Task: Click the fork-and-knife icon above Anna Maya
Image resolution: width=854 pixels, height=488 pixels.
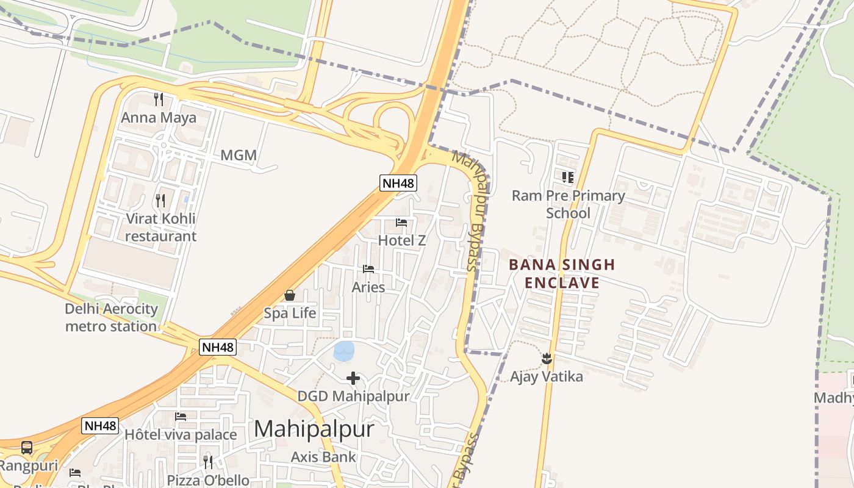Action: pos(159,99)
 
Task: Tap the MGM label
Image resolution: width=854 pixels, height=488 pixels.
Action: pos(239,156)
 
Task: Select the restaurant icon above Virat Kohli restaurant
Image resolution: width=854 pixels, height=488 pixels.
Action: pos(160,199)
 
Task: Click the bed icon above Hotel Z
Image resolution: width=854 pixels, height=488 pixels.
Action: pos(401,223)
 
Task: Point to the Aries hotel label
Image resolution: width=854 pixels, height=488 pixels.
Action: pos(368,287)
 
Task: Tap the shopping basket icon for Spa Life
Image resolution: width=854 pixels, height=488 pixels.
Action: pos(290,295)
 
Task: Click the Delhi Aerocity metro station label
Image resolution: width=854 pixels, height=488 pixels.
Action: pos(111,317)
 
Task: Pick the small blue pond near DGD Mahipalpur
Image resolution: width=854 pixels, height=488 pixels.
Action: pos(344,351)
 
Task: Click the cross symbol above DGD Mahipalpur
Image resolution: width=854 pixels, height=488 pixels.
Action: pos(353,378)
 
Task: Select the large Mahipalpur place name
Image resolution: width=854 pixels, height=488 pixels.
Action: pos(314,429)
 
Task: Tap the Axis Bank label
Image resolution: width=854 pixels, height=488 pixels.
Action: pos(323,457)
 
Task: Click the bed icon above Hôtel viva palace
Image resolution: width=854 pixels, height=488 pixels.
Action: pos(181,417)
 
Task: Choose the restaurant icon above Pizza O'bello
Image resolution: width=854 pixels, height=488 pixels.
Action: pos(208,462)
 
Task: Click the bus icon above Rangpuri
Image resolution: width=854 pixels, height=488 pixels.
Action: pos(27,448)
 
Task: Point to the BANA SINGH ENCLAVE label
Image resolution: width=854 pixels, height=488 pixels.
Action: pos(562,274)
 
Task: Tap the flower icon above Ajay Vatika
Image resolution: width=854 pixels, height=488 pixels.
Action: pos(547,358)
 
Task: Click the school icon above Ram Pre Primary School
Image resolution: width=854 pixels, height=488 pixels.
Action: pos(568,178)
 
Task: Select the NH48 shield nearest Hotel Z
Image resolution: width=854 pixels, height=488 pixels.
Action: pos(398,183)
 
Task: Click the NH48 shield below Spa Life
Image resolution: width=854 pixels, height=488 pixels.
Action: pos(218,347)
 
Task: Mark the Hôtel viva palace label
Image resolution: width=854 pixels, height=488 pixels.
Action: pos(181,435)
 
